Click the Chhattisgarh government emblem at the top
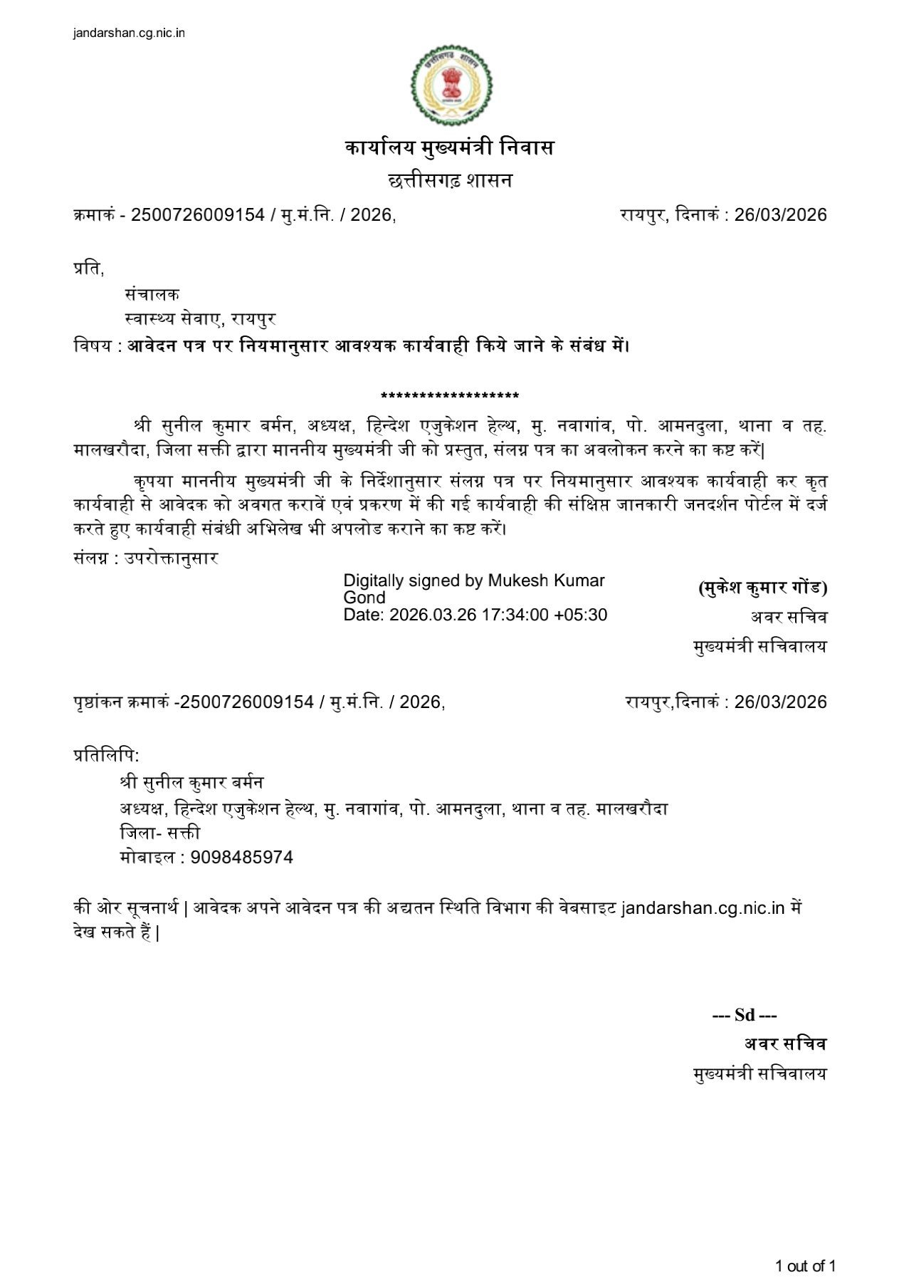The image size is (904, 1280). point(451,84)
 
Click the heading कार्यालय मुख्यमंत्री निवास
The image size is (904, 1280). point(450,148)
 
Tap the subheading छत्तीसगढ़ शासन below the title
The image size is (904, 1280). point(450,181)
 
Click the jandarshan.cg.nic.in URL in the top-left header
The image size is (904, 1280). point(129,33)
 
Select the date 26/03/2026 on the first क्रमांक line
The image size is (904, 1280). point(780,215)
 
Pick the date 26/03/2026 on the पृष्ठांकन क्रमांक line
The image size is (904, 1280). point(780,702)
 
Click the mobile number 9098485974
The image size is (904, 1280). point(242,857)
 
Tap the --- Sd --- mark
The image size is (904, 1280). point(745,1015)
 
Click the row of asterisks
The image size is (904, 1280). point(450,396)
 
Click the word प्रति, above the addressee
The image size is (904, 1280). point(88,269)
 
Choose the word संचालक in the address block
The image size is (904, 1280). point(152,294)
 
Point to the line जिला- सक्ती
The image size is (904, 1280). point(160,833)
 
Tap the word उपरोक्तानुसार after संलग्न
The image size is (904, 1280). point(172,558)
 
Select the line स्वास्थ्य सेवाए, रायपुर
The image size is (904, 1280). point(200,319)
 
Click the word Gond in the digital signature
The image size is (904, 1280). point(364,598)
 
